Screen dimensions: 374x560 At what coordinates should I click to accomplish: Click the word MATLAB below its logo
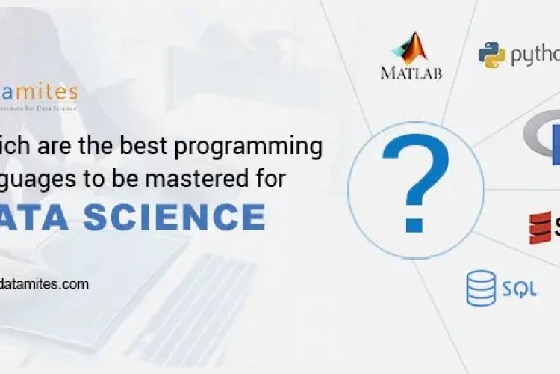pyautogui.click(x=411, y=73)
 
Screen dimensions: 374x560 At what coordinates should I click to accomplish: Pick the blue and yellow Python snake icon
pyautogui.click(x=492, y=55)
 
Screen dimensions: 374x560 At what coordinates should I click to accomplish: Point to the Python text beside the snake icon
pyautogui.click(x=535, y=55)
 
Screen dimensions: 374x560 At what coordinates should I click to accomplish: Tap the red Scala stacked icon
pyautogui.click(x=540, y=227)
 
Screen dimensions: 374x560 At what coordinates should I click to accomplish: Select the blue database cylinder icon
pyautogui.click(x=481, y=288)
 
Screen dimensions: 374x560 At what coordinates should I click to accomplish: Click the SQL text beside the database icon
pyautogui.click(x=519, y=289)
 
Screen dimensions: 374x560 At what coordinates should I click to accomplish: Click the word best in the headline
pyautogui.click(x=151, y=147)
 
